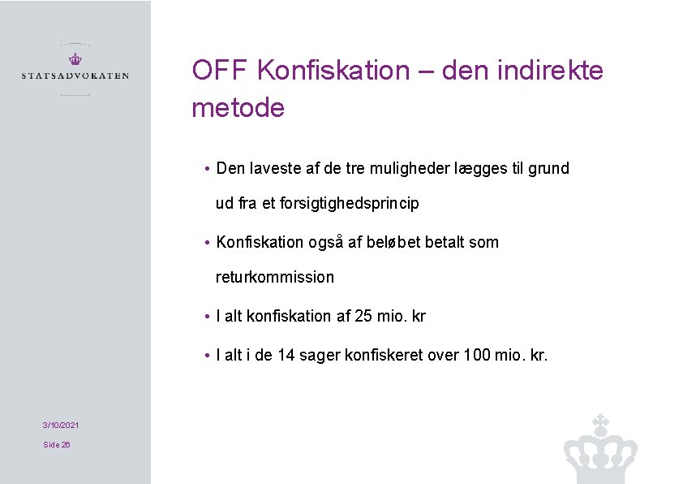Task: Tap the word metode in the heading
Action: coord(238,107)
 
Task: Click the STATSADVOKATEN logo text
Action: coord(75,76)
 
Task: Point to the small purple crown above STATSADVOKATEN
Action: coord(75,58)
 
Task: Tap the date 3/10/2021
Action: coord(61,426)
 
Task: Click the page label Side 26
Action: coord(57,444)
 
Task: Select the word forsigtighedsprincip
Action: coord(349,204)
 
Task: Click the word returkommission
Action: coord(274,277)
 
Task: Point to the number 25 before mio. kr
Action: coord(364,316)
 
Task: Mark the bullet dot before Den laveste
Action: coord(208,170)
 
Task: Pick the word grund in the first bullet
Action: coord(548,169)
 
